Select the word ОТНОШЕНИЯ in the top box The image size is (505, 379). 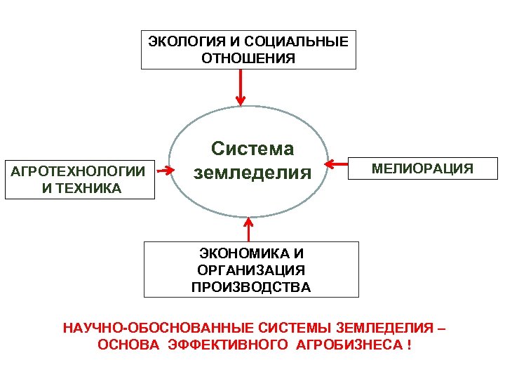click(x=248, y=58)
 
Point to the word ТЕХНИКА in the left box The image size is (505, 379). click(x=90, y=188)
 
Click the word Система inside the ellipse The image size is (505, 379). click(x=252, y=149)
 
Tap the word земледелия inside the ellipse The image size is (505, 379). click(x=252, y=172)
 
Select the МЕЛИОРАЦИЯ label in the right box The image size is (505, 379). click(x=422, y=169)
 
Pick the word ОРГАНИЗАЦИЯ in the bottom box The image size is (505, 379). click(x=251, y=270)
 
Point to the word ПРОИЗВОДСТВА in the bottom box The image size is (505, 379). click(x=251, y=286)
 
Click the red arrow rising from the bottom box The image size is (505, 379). click(x=248, y=229)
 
